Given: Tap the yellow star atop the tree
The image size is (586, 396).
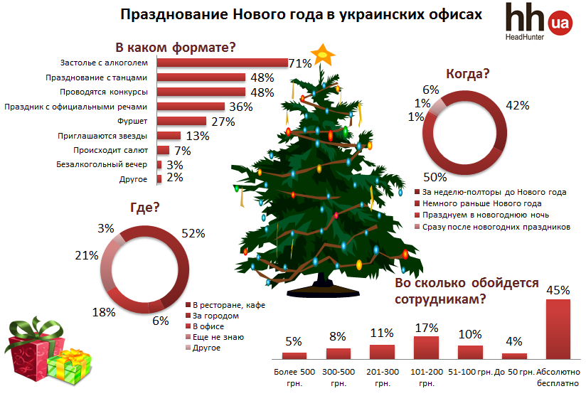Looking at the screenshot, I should [325, 54].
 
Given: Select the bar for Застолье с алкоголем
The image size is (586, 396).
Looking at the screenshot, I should [222, 63].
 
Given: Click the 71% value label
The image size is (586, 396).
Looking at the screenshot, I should [300, 63].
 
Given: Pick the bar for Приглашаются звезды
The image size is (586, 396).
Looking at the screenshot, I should [169, 135].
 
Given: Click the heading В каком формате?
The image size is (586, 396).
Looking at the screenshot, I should [175, 48].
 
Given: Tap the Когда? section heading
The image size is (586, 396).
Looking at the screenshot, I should [468, 73].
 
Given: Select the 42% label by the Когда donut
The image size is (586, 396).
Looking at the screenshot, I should [517, 105].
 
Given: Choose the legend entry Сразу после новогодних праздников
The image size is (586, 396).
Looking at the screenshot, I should [496, 227].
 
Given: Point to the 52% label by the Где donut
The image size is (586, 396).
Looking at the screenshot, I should [193, 232].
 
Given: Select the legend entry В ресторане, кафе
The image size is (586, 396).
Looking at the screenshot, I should [229, 304].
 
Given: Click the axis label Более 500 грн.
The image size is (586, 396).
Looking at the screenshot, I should [294, 377].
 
